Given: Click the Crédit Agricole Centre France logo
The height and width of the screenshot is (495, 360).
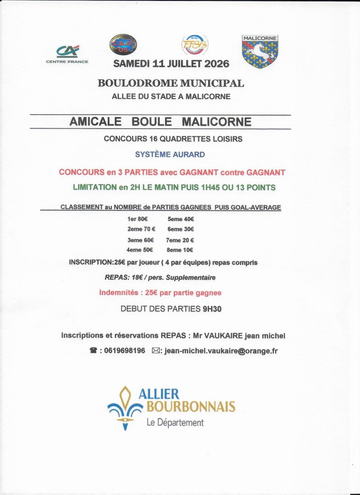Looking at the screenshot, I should click(67, 53).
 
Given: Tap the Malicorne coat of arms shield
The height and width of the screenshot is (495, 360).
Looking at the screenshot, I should click(260, 51).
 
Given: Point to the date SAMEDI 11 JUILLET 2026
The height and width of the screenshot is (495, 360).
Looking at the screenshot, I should click(171, 64).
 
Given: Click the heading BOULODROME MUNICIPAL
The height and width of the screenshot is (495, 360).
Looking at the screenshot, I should click(171, 83).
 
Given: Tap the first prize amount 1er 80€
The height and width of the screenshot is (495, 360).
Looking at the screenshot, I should click(137, 219).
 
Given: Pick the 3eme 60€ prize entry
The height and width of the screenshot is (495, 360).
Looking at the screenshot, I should click(140, 240).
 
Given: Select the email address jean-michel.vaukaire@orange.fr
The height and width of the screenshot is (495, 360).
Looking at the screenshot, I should click(221, 351).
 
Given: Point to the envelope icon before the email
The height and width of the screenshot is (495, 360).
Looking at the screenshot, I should click(156, 351).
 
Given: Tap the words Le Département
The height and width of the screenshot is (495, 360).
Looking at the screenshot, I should click(175, 423).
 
